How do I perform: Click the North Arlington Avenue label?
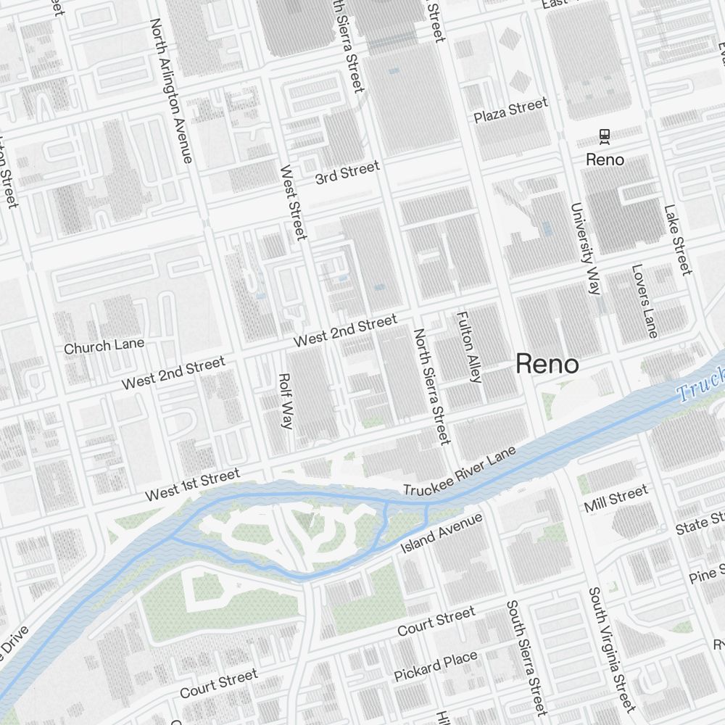[171, 90]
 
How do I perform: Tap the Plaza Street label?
[511, 111]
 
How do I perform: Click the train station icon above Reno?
[604, 136]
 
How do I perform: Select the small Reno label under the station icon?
[605, 159]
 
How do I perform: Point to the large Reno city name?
[547, 365]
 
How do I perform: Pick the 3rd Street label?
[347, 173]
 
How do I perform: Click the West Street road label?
[293, 203]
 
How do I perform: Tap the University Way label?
[586, 249]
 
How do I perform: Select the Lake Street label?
[678, 240]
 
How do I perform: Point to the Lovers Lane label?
[644, 301]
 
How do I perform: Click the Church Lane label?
[104, 346]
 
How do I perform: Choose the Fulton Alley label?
[468, 347]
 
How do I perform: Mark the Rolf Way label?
[285, 401]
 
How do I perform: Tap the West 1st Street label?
[192, 485]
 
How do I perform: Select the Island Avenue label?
[442, 533]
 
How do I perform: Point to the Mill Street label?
[616, 499]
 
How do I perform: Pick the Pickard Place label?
[436, 666]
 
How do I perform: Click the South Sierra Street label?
[526, 658]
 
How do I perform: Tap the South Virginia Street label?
[611, 649]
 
